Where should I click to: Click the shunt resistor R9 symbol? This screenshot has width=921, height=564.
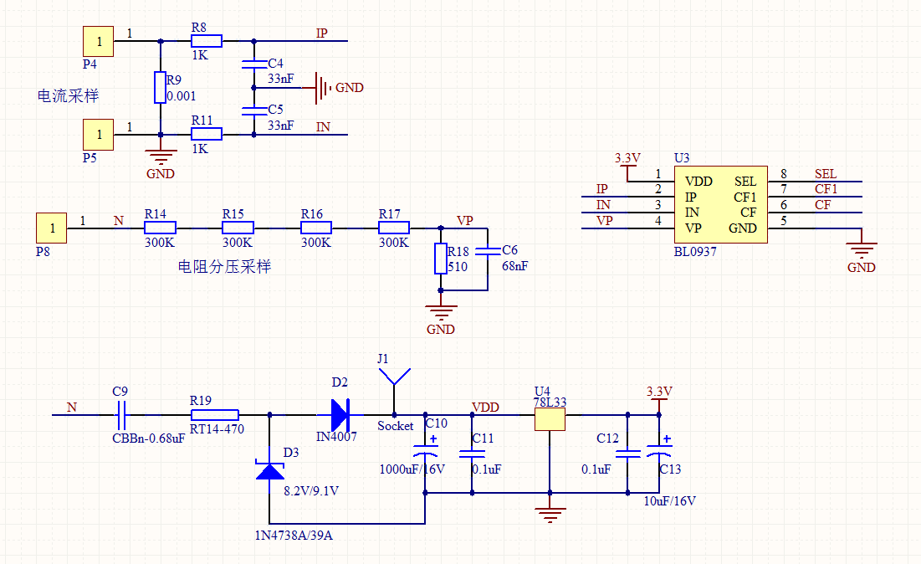click(x=160, y=88)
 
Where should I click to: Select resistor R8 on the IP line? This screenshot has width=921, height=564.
click(x=206, y=40)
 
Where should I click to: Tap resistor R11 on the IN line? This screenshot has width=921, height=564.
click(x=206, y=134)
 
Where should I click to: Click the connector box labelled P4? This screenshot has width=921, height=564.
click(x=98, y=40)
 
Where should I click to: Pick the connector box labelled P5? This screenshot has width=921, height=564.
click(x=98, y=133)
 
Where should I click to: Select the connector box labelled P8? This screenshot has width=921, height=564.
click(x=51, y=228)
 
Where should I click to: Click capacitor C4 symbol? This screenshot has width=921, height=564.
click(x=253, y=64)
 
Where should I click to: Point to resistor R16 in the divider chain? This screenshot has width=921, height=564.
click(x=316, y=228)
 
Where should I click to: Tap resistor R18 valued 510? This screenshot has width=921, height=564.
click(x=441, y=259)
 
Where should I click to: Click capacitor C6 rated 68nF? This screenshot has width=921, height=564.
click(x=487, y=250)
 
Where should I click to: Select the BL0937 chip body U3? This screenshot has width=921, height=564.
click(x=720, y=204)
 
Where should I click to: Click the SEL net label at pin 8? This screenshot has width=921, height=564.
click(x=825, y=174)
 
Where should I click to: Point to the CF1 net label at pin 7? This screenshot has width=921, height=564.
click(x=826, y=190)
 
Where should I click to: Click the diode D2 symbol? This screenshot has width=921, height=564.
click(x=340, y=413)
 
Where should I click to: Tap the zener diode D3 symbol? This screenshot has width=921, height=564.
click(x=269, y=470)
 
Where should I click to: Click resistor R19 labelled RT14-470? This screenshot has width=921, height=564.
click(x=215, y=414)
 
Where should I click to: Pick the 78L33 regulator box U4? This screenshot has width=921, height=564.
click(x=550, y=418)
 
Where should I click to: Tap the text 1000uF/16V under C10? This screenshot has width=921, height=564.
click(x=412, y=469)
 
